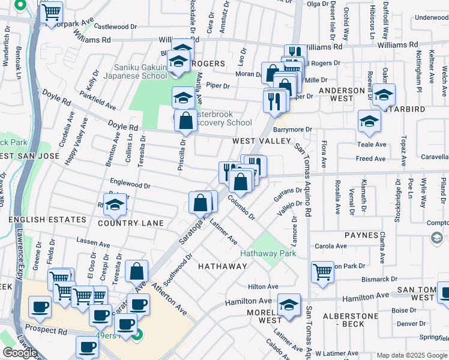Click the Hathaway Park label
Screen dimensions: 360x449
(268, 253)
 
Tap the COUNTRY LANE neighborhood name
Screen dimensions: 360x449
(131, 223)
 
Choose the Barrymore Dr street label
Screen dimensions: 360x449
(293, 129)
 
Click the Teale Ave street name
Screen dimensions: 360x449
(372, 145)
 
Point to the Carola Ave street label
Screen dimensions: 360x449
(331, 246)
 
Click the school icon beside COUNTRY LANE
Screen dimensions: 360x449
(114, 205)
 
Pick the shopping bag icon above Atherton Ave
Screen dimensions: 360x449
(137, 271)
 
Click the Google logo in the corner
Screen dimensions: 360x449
(20, 353)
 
